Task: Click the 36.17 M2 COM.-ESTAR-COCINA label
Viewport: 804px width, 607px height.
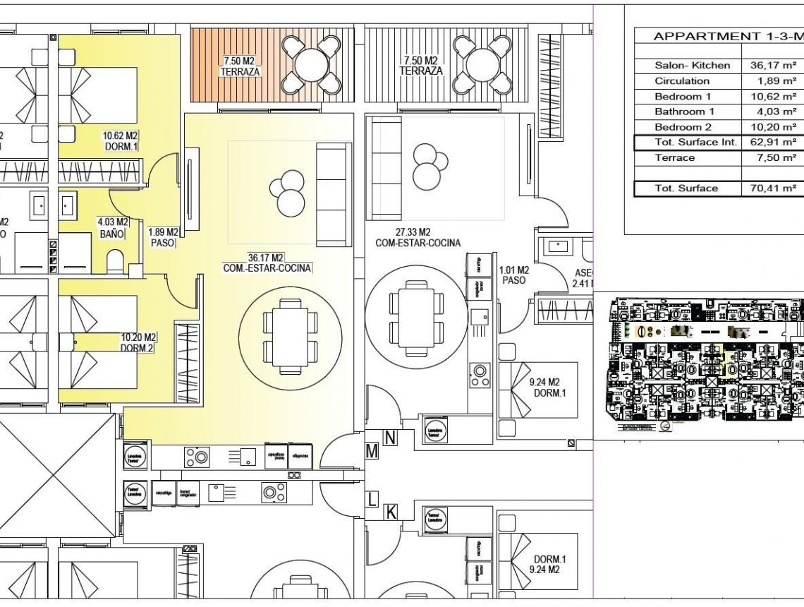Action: (x=267, y=263)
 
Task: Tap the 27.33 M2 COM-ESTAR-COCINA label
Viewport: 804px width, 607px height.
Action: (x=418, y=237)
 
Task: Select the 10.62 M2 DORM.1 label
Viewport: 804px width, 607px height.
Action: (x=120, y=141)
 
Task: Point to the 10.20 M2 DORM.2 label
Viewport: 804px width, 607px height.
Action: (x=138, y=343)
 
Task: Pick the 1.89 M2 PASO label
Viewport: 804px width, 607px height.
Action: (x=162, y=236)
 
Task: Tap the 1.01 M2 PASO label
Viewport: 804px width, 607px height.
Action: (x=513, y=275)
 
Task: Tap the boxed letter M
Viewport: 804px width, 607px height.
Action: (x=372, y=451)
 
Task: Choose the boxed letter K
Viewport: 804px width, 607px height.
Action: (x=390, y=512)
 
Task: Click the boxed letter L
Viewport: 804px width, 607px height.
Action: (x=372, y=500)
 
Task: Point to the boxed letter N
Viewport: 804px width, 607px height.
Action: (x=390, y=438)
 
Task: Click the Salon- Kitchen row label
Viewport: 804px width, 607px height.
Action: (x=693, y=65)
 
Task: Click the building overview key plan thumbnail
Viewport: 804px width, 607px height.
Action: (x=705, y=363)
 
